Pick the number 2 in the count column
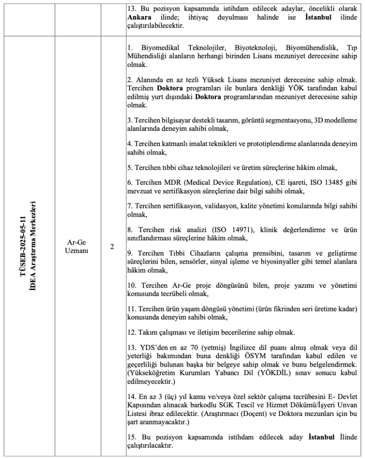[112, 247]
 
